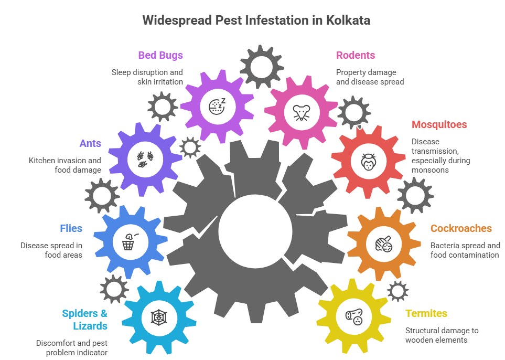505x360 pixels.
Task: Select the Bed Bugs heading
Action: click(160, 55)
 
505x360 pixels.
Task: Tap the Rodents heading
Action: click(356, 55)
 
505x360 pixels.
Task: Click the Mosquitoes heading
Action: click(439, 124)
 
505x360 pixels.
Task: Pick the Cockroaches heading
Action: click(461, 228)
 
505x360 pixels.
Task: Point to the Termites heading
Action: click(426, 313)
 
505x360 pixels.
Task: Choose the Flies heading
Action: click(71, 228)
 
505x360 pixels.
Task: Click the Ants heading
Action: click(90, 143)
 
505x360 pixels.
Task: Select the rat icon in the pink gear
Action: click(301, 112)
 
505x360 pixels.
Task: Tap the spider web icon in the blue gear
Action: click(157, 317)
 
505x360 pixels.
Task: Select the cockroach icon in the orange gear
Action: click(384, 244)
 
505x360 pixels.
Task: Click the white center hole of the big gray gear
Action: click(255, 230)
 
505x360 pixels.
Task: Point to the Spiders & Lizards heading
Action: click(85, 320)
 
